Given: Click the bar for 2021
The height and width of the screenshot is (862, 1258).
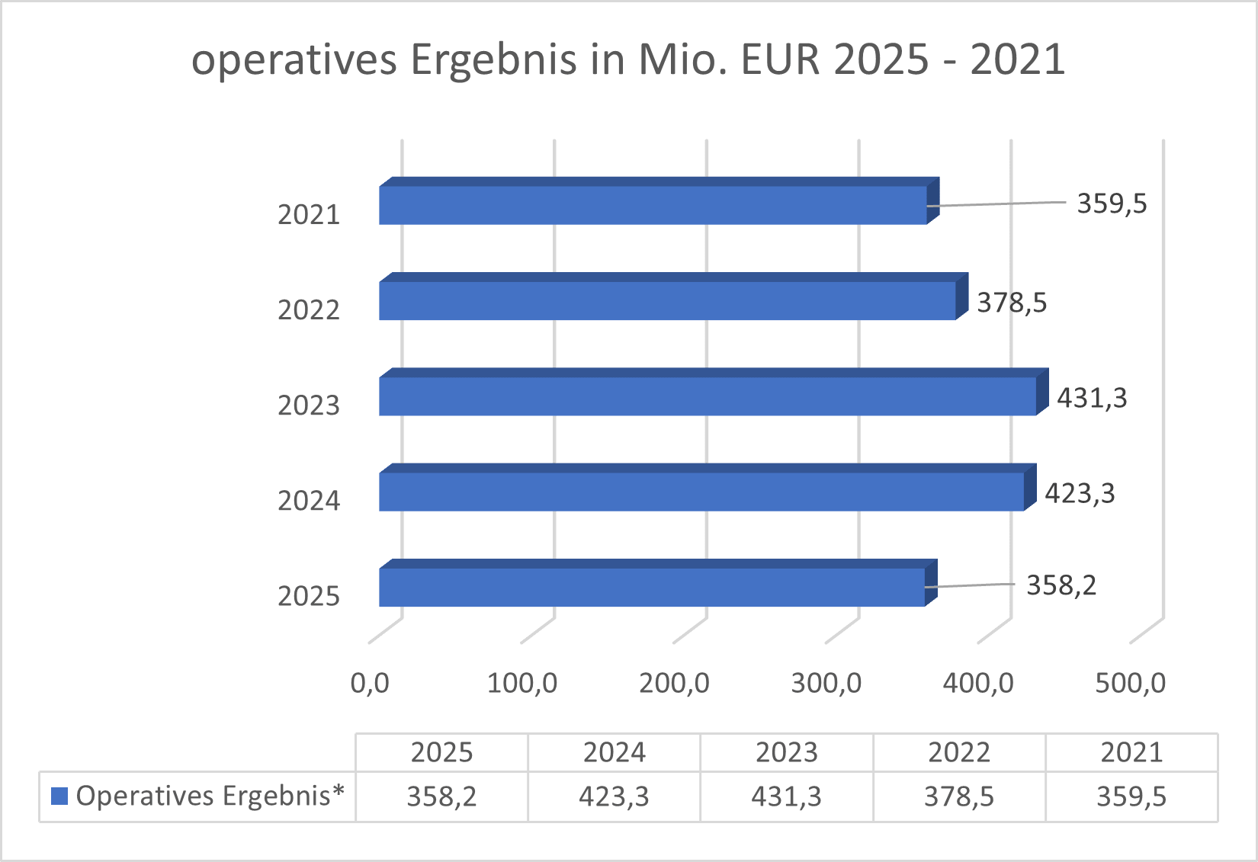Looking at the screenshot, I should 653,205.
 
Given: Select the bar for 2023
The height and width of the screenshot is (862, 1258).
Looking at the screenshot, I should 708,396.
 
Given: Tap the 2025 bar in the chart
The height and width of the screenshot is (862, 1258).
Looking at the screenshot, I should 652,587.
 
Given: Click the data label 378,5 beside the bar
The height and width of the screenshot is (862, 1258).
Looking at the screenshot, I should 1012,303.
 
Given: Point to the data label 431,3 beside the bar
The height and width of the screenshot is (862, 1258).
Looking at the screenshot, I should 1092,399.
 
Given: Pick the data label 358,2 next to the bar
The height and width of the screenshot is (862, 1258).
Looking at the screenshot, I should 1061,585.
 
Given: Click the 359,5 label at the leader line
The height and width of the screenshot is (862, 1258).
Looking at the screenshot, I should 1112,204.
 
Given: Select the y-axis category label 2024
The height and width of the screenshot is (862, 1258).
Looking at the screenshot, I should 309,501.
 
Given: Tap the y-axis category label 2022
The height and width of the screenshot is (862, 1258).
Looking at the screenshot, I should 309,310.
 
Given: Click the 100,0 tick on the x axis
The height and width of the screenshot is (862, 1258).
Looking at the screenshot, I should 522,683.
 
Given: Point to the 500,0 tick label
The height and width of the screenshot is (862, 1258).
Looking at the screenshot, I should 1130,683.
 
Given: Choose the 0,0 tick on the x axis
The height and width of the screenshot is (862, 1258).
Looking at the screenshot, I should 370,683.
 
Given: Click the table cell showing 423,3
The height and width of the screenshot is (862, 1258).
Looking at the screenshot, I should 614,796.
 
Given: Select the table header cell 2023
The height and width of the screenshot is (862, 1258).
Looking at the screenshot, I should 786,753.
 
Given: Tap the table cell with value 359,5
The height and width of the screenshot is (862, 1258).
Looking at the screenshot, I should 1131,796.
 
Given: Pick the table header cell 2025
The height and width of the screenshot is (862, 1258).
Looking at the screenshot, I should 441,753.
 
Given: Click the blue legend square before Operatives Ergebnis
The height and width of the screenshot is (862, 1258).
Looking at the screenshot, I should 59,796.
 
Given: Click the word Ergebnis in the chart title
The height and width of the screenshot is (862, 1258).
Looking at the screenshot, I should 493,59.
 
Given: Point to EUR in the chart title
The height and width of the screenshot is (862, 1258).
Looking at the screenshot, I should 781,59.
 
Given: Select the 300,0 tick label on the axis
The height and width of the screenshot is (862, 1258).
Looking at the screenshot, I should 826,683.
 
